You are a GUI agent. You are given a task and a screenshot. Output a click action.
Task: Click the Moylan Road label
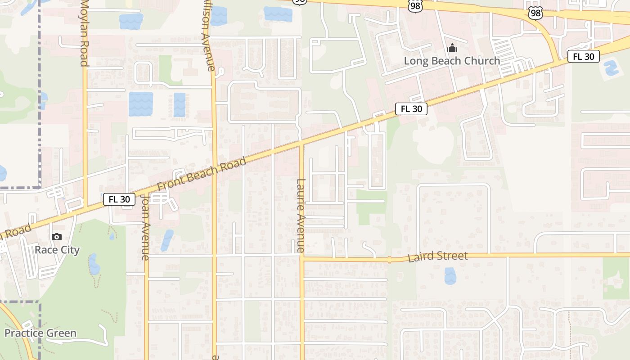(84, 34)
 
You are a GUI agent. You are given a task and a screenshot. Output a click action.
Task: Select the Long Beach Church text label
(452, 61)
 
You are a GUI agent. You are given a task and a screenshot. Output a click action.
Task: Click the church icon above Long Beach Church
(452, 48)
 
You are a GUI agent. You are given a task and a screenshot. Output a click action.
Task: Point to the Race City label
(57, 250)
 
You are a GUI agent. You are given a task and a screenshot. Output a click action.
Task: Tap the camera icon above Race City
(57, 237)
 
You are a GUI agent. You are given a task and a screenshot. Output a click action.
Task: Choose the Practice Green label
(40, 333)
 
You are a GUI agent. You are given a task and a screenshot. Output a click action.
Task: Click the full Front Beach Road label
(202, 174)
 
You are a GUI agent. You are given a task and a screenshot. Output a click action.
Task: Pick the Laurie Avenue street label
(301, 216)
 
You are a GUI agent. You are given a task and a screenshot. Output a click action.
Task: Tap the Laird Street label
(438, 257)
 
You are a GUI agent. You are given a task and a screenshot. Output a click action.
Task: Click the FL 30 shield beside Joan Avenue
(119, 199)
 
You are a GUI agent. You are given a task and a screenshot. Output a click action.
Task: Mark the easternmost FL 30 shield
(584, 57)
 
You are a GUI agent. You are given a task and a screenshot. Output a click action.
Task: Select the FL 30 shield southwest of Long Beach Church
(411, 109)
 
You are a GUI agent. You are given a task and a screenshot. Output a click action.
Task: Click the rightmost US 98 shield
(535, 13)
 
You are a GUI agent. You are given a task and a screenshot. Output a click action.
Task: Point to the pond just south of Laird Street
(450, 276)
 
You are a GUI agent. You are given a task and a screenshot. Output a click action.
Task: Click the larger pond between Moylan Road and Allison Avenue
(141, 104)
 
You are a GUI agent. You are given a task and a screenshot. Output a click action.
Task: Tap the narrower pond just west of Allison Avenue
(180, 104)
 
